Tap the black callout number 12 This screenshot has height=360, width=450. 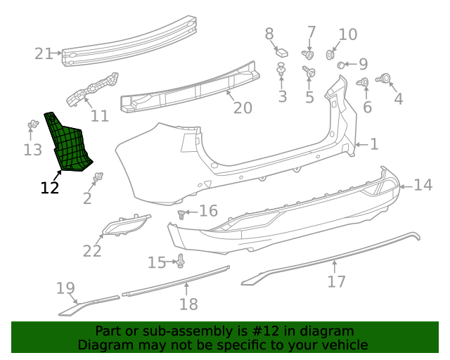coord(50,188)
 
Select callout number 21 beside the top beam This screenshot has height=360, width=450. coord(44,53)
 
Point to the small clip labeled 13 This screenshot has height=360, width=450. coord(32,125)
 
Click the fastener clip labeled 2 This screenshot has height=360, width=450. coord(98,176)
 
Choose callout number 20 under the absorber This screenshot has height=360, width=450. coord(242,108)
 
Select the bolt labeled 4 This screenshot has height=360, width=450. coord(385,79)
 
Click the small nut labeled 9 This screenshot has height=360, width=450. coord(342,65)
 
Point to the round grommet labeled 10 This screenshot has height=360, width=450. coord(330,54)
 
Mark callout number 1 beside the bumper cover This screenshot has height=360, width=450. coord(374,144)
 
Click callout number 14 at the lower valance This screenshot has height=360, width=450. coord(423,185)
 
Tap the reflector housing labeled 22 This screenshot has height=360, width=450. coord(126,226)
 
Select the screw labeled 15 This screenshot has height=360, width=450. coord(180,262)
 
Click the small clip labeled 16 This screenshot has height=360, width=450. coord(184,212)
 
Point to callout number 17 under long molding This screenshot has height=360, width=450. coord(337,281)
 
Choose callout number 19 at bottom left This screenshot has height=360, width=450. coord(65,288)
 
